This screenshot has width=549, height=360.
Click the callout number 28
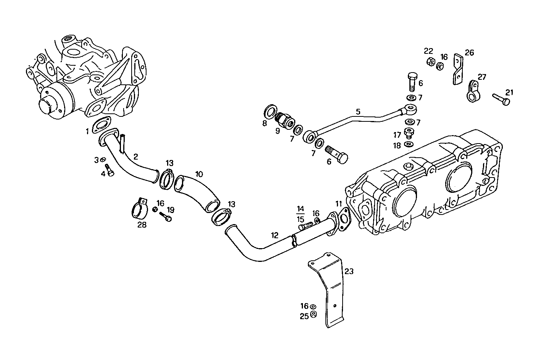pyautogui.click(x=142, y=225)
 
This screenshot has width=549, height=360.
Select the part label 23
pyautogui.click(x=349, y=271)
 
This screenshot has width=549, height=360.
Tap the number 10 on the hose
pyautogui.click(x=199, y=174)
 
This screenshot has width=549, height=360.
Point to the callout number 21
pyautogui.click(x=509, y=92)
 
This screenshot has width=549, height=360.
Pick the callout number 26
pyautogui.click(x=469, y=53)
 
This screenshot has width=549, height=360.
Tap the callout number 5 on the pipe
pyautogui.click(x=357, y=112)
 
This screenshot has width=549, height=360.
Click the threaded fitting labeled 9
pyautogui.click(x=284, y=119)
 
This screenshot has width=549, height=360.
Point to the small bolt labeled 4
pyautogui.click(x=109, y=171)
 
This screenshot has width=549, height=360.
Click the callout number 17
pyautogui.click(x=397, y=135)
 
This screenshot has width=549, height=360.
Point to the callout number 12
pyautogui.click(x=275, y=235)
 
